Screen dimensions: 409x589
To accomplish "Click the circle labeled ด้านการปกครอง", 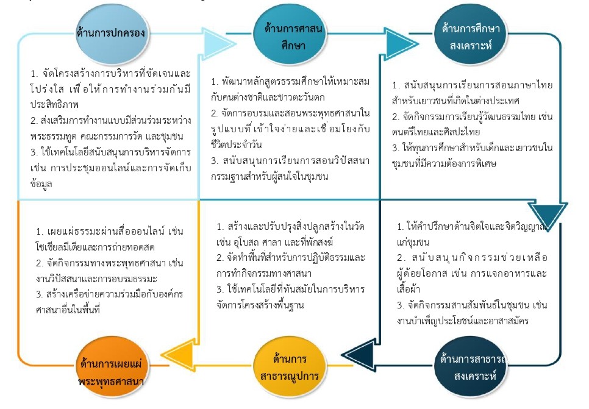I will [111, 34].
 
